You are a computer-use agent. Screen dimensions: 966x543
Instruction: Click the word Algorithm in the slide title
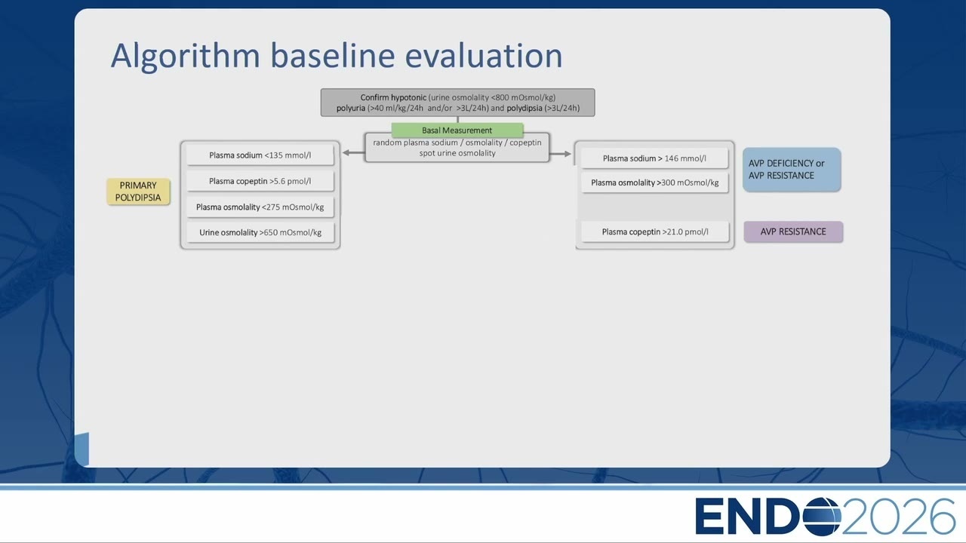pos(186,57)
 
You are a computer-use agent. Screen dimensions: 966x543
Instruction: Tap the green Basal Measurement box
pos(457,130)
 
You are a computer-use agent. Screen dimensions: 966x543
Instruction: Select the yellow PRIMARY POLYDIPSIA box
pos(138,192)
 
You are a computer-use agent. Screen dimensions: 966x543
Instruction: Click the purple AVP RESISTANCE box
pos(793,232)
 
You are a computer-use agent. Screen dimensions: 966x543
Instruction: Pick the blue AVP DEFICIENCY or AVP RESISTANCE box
pos(792,170)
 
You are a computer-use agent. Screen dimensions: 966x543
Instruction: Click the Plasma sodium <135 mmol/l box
pos(260,155)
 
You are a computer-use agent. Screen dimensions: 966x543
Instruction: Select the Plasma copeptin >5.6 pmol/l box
pos(260,181)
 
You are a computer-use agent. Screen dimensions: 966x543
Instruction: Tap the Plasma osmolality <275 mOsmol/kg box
pos(260,207)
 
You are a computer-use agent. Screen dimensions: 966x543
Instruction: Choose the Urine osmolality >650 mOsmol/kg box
pos(260,233)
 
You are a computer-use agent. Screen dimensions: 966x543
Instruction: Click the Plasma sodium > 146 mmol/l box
pos(654,158)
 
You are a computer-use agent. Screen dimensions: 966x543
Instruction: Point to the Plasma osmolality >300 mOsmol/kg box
pos(654,183)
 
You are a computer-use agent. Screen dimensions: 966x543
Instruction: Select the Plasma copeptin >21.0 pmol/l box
pos(654,232)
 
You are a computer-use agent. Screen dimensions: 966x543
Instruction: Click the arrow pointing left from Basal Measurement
pos(354,152)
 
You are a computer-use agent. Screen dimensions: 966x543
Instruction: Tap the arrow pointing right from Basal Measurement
pos(560,154)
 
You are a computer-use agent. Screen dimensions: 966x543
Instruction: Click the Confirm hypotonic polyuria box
pos(457,103)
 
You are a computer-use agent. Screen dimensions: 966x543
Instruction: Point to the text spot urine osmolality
pos(457,153)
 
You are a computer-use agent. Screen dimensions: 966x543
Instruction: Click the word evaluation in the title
pos(484,56)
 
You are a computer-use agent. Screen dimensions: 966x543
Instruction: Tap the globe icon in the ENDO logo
pos(822,517)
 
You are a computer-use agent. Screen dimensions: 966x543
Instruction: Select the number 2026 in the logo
pos(898,517)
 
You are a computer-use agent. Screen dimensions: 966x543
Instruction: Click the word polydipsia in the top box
pos(524,108)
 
